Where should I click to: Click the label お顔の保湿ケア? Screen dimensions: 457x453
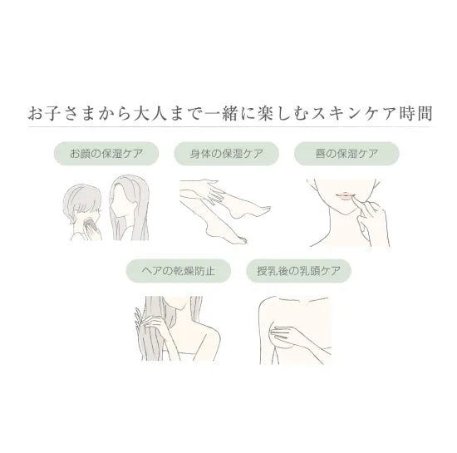(106, 154)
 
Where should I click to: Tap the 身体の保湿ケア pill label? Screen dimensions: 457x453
(227, 154)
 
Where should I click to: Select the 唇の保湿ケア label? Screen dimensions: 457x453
(346, 154)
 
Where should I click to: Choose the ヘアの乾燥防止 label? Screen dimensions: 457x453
(179, 271)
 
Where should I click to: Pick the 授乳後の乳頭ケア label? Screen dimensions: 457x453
(298, 271)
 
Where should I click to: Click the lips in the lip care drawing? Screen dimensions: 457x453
(344, 195)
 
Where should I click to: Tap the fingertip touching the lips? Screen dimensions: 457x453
(354, 199)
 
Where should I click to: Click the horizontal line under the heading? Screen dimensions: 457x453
(230, 127)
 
